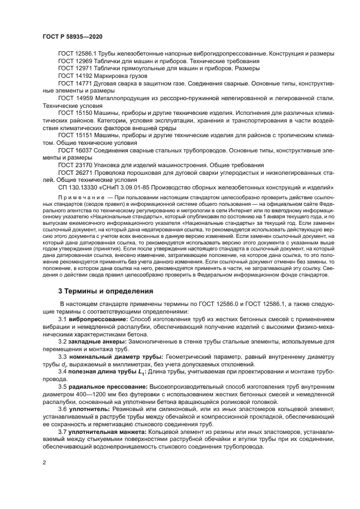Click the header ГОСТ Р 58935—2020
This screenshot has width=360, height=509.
[x=72, y=36]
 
